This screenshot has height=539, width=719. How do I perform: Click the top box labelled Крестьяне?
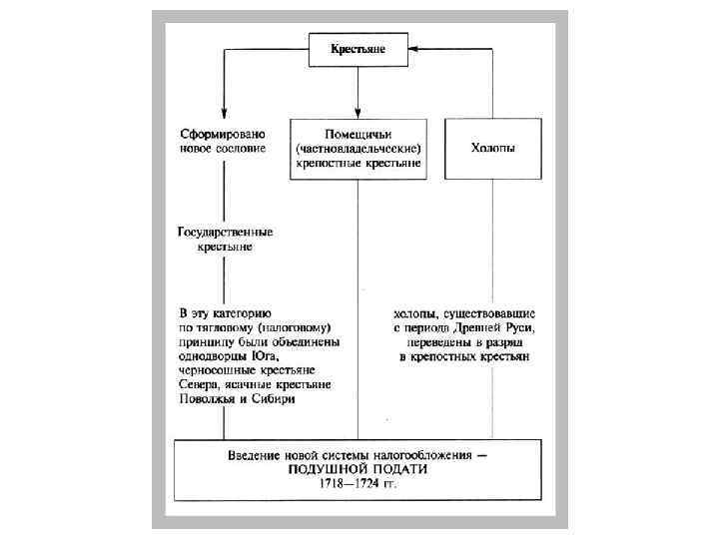358,48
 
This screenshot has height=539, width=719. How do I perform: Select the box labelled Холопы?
492,148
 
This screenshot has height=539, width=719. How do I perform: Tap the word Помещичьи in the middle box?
358,134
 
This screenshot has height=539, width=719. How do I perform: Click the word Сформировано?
223,133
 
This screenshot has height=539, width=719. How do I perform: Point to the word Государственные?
225,232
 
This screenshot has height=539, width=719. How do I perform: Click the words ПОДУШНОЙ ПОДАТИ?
358,469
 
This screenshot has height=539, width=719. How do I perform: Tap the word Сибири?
277,398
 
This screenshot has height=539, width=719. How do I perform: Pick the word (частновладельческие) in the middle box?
358,148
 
